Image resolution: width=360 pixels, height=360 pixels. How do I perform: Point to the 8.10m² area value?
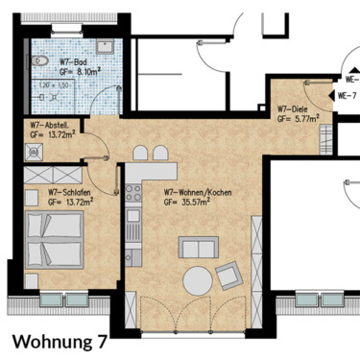coord(78,71)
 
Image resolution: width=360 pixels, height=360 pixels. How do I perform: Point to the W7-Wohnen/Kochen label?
coord(191,192)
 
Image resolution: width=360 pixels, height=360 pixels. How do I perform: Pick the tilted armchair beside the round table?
coord(230,276)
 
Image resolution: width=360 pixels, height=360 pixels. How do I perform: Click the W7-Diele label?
coord(292,110)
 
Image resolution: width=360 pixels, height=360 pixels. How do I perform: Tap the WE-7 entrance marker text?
coord(347,96)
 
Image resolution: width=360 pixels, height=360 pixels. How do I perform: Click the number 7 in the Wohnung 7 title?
coord(101,340)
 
